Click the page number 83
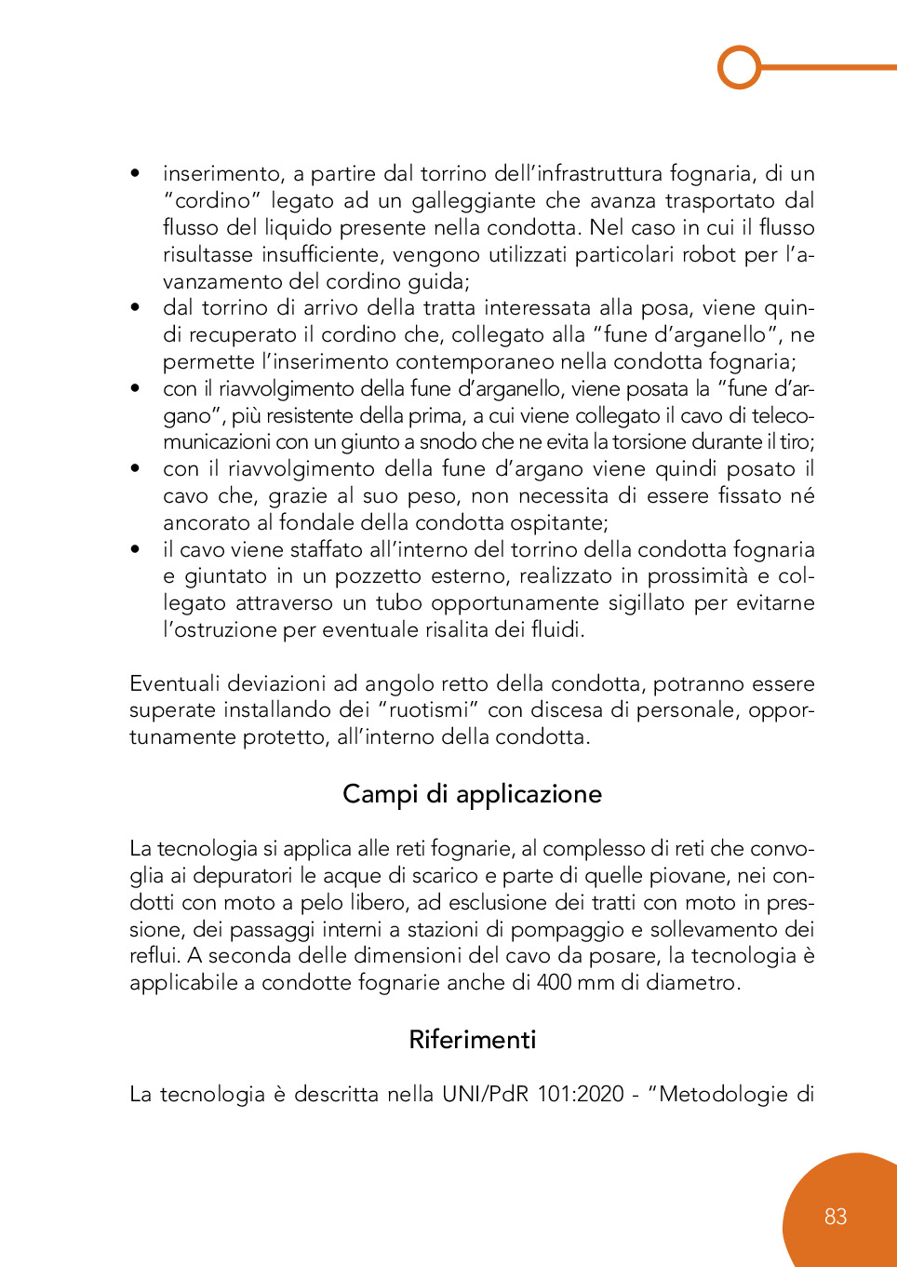click(x=835, y=1217)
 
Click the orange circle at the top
click(x=740, y=67)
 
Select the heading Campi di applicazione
click(x=472, y=794)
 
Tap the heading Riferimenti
click(x=472, y=1040)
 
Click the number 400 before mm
click(x=555, y=983)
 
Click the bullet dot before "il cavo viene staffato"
click(x=136, y=549)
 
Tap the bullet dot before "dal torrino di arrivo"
click(x=136, y=307)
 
